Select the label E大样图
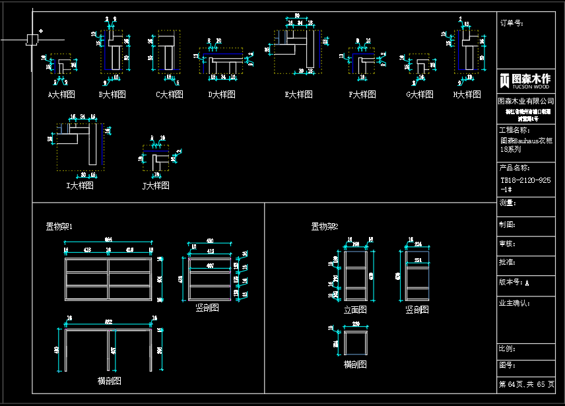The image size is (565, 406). pyautogui.click(x=299, y=94)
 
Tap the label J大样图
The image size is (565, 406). pyautogui.click(x=156, y=186)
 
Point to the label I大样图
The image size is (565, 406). pyautogui.click(x=80, y=186)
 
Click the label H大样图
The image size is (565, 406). pyautogui.click(x=467, y=94)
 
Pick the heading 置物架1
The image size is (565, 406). pyautogui.click(x=59, y=227)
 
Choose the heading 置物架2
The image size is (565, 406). pyautogui.click(x=325, y=227)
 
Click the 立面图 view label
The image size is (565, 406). pyautogui.click(x=355, y=310)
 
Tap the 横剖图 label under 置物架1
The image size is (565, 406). pyautogui.click(x=109, y=381)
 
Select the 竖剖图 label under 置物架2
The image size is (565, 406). pyautogui.click(x=417, y=310)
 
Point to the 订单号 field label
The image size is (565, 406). pyautogui.click(x=512, y=23)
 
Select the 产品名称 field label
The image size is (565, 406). pyautogui.click(x=515, y=168)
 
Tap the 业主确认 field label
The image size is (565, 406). pyautogui.click(x=515, y=304)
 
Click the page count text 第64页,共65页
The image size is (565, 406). pyautogui.click(x=527, y=384)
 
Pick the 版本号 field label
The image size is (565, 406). pyautogui.click(x=512, y=283)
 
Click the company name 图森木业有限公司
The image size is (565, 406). pyautogui.click(x=526, y=101)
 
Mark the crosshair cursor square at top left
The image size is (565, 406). pyautogui.click(x=32, y=39)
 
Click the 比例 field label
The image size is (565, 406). pyautogui.click(x=508, y=348)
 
